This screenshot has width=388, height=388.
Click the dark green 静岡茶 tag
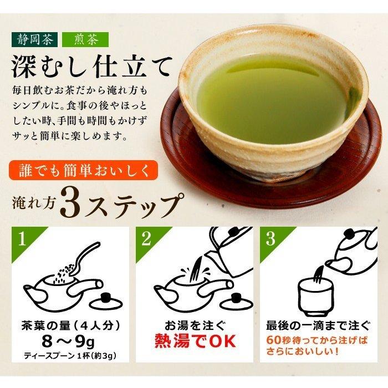34,39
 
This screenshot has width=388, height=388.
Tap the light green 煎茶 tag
85,39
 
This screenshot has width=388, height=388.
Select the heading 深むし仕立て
91,67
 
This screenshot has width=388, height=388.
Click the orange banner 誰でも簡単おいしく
83,170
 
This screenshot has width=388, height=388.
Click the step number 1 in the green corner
22,238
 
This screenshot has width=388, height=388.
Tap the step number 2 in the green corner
146,238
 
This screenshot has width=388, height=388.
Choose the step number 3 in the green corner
270,238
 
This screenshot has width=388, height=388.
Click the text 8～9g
68,342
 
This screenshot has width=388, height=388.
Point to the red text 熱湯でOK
195,341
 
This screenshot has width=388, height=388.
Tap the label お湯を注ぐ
195,326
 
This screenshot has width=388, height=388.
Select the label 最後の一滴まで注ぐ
319,326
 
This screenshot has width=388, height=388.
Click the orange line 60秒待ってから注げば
317,340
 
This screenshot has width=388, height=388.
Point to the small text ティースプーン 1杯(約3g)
70,356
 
